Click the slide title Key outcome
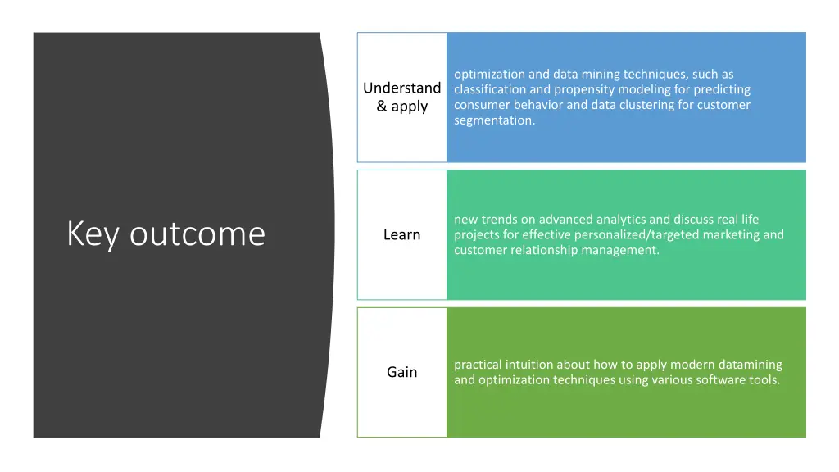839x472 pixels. pyautogui.click(x=166, y=234)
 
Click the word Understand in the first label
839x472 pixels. pyautogui.click(x=401, y=88)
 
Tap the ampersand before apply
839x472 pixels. pyautogui.click(x=382, y=107)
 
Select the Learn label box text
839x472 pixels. pyautogui.click(x=401, y=235)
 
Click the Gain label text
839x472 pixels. pyautogui.click(x=401, y=372)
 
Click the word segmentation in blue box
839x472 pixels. pyautogui.click(x=492, y=120)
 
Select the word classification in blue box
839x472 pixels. pyautogui.click(x=490, y=89)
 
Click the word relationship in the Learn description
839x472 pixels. pyautogui.click(x=542, y=251)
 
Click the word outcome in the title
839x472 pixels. pyautogui.click(x=197, y=234)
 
